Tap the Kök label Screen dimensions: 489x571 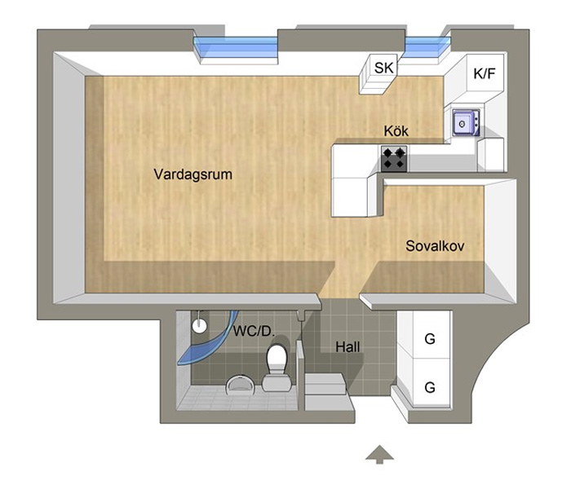(x=396, y=130)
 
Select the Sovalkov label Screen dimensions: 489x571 (x=435, y=244)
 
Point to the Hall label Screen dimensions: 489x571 (x=347, y=346)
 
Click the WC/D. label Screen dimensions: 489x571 (x=253, y=332)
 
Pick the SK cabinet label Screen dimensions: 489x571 (x=383, y=68)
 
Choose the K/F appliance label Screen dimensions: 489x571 (x=485, y=73)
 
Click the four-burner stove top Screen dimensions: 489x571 (x=394, y=158)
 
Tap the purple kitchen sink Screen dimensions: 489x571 (x=463, y=122)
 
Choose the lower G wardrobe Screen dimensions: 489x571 (x=429, y=387)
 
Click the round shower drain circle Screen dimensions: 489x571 (x=199, y=324)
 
